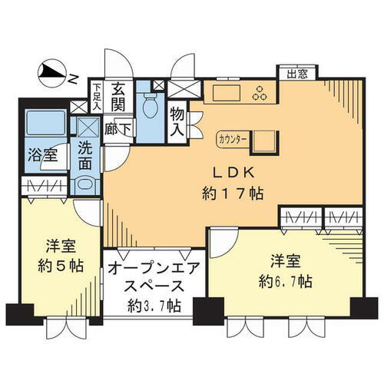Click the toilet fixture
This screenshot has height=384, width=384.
[x=149, y=104]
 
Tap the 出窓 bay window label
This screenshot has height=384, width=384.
[x=296, y=74]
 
